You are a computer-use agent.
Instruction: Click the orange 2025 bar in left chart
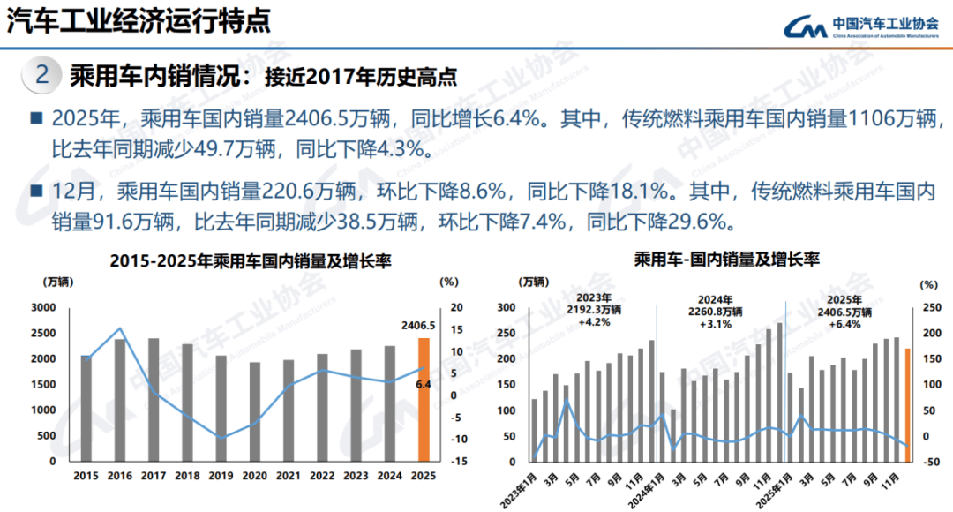[424, 399]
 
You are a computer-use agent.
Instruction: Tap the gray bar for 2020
[255, 411]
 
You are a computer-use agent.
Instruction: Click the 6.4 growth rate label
[423, 384]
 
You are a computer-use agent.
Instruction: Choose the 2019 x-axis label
[221, 476]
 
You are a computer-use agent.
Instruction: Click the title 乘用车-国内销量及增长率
[726, 260]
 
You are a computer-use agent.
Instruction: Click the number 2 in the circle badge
[41, 76]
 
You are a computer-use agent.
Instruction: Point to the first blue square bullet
[36, 117]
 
